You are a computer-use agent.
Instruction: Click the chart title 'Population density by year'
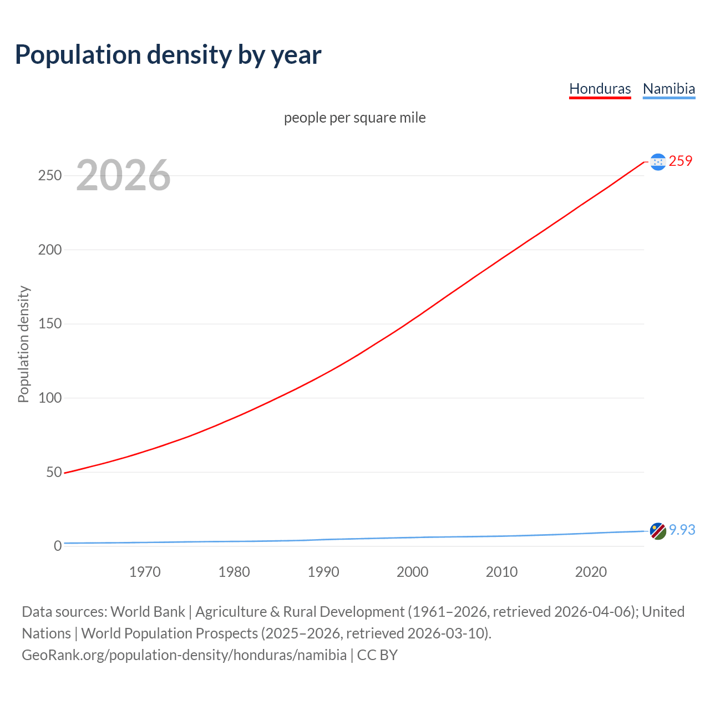coord(168,54)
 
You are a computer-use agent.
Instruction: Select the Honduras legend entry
coord(600,89)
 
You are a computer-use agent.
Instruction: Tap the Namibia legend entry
coord(668,89)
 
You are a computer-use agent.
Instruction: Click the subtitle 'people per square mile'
coord(354,118)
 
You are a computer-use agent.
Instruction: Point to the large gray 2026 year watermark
coord(123,175)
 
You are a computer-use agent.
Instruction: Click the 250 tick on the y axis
coord(50,175)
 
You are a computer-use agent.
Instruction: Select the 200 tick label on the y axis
coord(50,250)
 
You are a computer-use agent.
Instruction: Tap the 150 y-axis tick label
coord(50,323)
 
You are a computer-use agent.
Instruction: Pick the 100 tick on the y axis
coord(50,398)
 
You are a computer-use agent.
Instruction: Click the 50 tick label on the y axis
coord(54,472)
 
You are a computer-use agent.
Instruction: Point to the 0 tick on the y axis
coord(58,546)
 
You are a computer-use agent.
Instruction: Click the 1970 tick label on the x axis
coord(145,572)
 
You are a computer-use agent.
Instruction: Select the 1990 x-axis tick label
coord(323,572)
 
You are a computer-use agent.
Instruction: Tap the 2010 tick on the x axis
coord(501,572)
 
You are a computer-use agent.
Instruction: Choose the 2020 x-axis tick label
coord(591,572)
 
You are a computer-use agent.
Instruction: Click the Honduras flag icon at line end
coord(658,161)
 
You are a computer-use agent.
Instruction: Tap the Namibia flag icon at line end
coord(658,531)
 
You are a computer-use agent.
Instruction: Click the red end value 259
coord(681,161)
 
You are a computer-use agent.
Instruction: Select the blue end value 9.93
coord(682,530)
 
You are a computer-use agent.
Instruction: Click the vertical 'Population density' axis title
coord(23,344)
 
